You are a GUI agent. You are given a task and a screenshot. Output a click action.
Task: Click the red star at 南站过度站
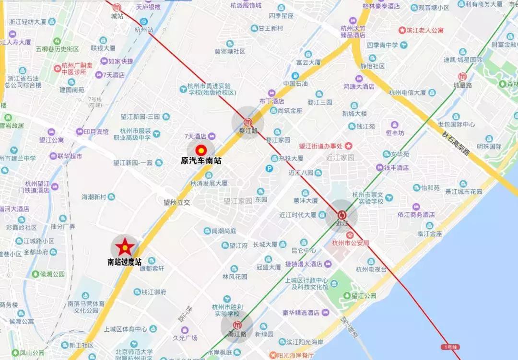[x=125, y=247]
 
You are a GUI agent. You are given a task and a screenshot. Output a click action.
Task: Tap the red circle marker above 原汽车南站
[x=201, y=150]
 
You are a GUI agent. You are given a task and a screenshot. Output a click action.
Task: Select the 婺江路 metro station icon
[x=248, y=122]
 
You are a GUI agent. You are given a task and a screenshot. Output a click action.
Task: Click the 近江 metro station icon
[x=341, y=215]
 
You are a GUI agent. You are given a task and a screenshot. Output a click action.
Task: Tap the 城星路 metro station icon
[x=463, y=76]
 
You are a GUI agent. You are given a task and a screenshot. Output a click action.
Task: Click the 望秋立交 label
[x=176, y=203]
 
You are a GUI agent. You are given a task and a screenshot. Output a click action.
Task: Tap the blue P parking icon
[x=270, y=168]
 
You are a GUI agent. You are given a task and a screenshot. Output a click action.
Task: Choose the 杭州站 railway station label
[x=144, y=30]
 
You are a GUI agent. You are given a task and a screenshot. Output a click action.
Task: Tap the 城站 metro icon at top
[x=118, y=7]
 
